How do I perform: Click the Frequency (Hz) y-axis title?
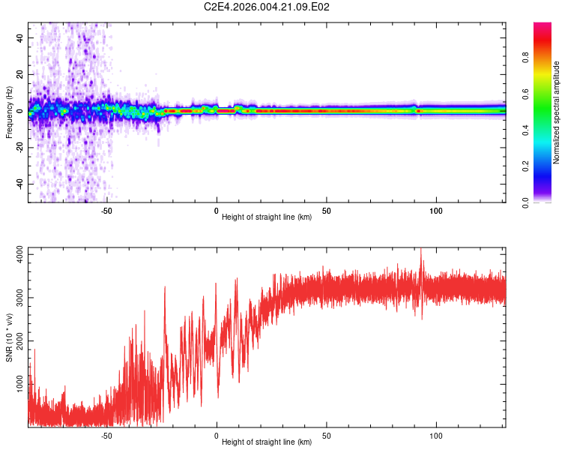pos(9,112)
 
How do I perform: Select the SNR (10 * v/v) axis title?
pos(9,337)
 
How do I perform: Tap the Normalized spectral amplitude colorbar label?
pos(556,112)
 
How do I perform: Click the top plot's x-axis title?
pos(267,217)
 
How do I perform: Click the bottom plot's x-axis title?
pos(267,442)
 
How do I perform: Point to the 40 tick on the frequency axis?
pos(20,37)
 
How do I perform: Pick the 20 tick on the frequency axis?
pos(20,74)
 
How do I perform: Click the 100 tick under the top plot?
pos(436,211)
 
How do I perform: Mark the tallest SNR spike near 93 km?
pos(421,250)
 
